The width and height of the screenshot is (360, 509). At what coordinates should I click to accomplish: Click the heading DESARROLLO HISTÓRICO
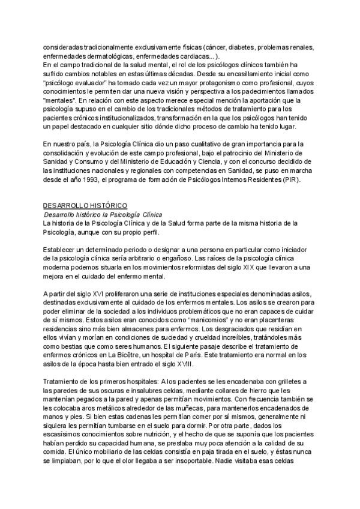pyautogui.click(x=85, y=206)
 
